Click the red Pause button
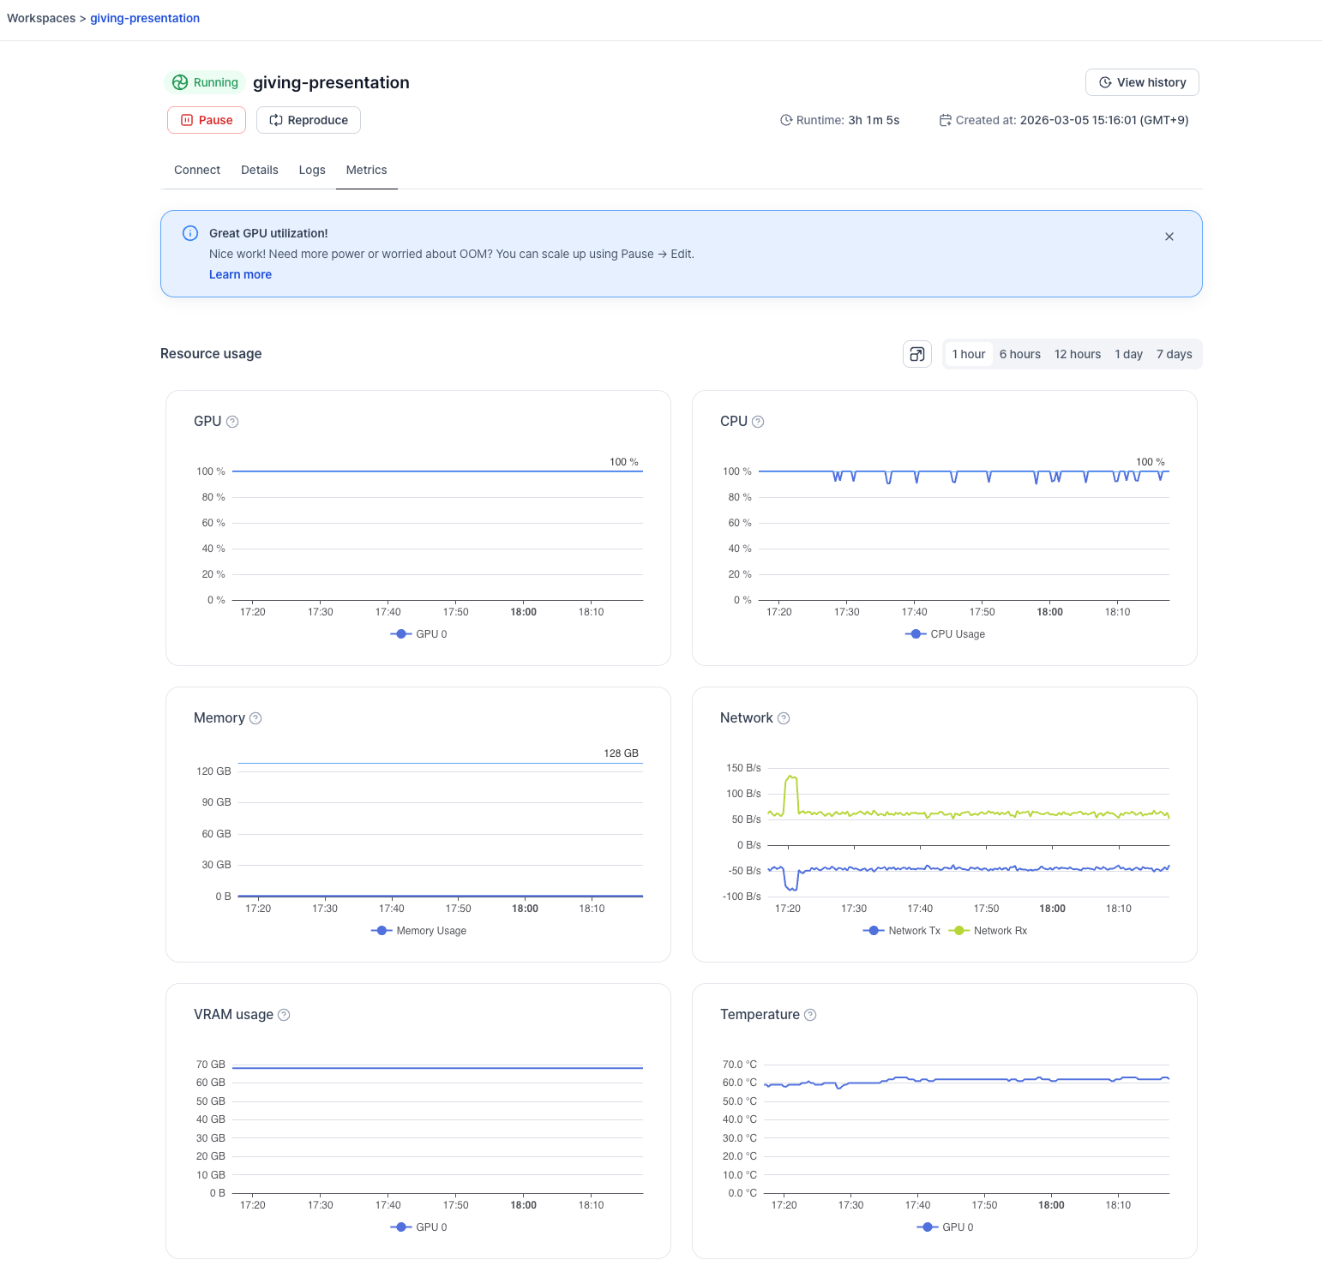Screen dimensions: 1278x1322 click(x=207, y=120)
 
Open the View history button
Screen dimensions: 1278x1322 click(x=1142, y=82)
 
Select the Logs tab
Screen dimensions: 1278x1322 click(x=312, y=170)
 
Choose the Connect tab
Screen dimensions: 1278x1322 click(x=197, y=170)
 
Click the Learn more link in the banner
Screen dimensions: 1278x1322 click(x=240, y=274)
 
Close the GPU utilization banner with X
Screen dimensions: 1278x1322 click(x=1169, y=237)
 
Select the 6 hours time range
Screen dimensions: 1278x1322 click(x=1019, y=354)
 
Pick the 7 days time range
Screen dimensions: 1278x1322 click(x=1174, y=354)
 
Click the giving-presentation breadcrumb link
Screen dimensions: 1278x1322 click(x=145, y=18)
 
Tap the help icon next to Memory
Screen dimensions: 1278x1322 click(x=255, y=718)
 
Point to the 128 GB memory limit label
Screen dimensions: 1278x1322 click(x=621, y=753)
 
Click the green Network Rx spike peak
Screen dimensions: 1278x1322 click(x=791, y=777)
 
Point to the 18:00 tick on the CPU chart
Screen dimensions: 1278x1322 click(x=1049, y=612)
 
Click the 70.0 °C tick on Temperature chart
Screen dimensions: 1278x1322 click(x=739, y=1065)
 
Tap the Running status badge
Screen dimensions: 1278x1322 click(x=205, y=82)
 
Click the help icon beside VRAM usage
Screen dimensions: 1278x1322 click(x=284, y=1015)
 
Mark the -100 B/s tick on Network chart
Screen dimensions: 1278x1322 click(x=742, y=897)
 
